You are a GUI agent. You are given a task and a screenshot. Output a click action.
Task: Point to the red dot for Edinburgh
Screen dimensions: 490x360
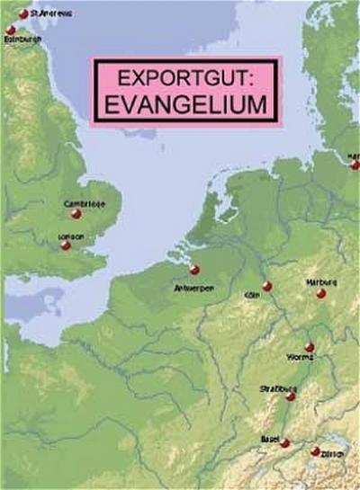click(x=12, y=31)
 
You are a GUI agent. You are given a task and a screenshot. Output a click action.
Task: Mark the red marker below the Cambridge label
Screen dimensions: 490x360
click(x=76, y=215)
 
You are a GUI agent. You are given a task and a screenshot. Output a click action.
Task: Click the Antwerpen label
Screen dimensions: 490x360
click(x=192, y=289)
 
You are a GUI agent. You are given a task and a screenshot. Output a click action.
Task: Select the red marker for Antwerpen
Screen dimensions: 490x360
click(x=193, y=270)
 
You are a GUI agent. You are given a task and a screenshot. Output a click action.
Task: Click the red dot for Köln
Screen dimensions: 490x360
click(x=266, y=286)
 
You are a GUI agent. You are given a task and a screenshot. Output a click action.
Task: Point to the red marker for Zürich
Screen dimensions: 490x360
click(x=315, y=451)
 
